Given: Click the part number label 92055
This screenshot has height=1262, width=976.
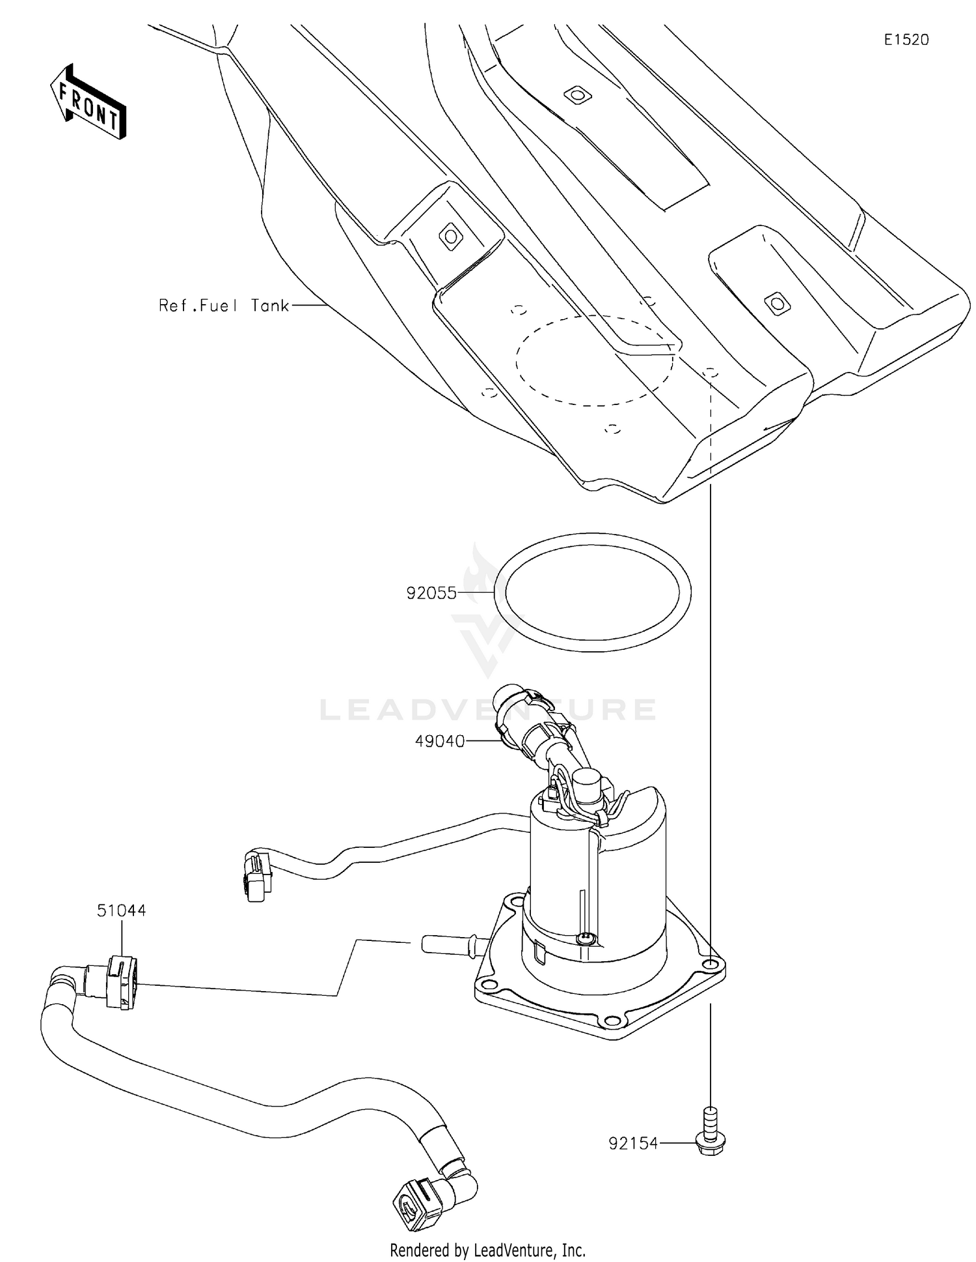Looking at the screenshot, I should (431, 593).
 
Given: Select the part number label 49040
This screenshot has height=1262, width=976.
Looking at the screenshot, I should (440, 741).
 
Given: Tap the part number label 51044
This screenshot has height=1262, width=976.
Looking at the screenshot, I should (122, 910).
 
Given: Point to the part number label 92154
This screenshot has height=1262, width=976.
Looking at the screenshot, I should (633, 1143).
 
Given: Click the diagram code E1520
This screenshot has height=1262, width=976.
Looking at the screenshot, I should (906, 40).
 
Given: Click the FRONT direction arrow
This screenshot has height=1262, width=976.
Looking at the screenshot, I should (88, 102).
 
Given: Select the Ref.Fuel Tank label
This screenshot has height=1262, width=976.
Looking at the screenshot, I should (224, 305).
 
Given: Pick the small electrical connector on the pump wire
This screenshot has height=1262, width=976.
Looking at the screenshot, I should (256, 876).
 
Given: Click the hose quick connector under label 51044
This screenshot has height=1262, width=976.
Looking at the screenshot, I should (121, 981).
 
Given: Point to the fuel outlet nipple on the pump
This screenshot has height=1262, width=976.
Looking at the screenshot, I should (449, 942).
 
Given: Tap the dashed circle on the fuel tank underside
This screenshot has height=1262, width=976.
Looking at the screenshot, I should (593, 361).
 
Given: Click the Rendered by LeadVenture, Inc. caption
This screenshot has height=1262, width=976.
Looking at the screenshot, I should (487, 1250).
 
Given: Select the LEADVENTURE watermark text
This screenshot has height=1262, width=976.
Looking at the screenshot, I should (488, 710).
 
